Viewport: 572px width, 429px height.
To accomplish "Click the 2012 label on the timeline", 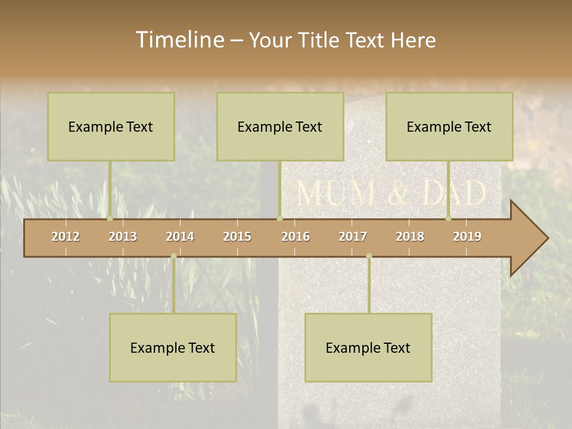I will [66, 237].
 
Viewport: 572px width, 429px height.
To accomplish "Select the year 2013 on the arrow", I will [123, 237].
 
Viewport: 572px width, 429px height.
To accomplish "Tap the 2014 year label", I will [180, 237].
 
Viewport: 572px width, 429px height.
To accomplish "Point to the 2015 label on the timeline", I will [237, 237].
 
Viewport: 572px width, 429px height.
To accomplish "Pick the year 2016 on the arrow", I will [296, 237].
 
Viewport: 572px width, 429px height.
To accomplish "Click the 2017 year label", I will [353, 237].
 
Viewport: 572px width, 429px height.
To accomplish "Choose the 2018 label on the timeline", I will [410, 237].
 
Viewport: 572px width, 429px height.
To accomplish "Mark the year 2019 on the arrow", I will [467, 237].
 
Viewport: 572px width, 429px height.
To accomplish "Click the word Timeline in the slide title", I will [179, 40].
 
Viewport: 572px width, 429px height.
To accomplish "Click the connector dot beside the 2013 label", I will [110, 218].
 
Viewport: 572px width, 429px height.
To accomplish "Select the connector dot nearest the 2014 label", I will [173, 256].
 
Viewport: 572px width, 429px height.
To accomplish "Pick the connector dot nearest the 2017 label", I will [369, 256].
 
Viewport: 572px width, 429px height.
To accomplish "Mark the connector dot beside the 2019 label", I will [449, 218].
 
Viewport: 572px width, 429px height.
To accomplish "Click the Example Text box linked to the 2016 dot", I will [280, 126].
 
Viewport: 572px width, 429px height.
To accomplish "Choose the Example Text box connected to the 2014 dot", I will [173, 347].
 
